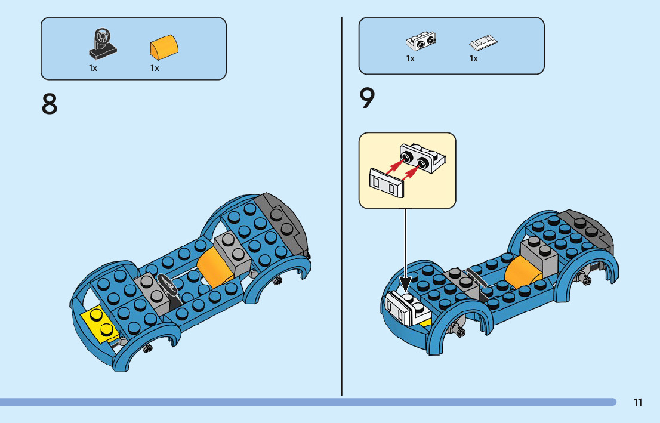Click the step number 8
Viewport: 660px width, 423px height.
pyautogui.click(x=50, y=104)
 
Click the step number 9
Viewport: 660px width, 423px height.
pyautogui.click(x=368, y=99)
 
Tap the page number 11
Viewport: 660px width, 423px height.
pyautogui.click(x=638, y=403)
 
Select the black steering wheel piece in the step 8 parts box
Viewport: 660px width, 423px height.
pyautogui.click(x=103, y=43)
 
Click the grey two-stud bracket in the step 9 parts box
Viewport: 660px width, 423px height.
pyautogui.click(x=421, y=41)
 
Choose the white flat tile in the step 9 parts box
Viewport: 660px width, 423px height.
pyautogui.click(x=484, y=43)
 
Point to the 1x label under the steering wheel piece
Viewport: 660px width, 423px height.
pyautogui.click(x=93, y=68)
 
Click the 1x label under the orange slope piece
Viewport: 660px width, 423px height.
pyautogui.click(x=155, y=68)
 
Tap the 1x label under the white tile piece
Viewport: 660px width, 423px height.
pyautogui.click(x=474, y=58)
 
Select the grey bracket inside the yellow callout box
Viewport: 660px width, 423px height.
pyautogui.click(x=422, y=158)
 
